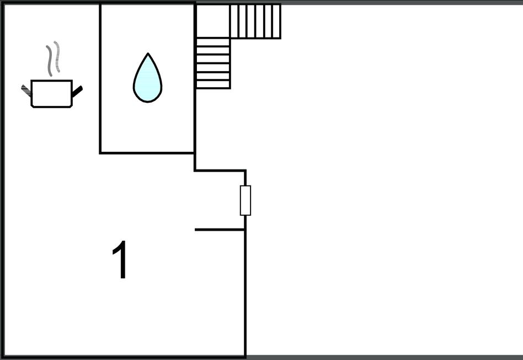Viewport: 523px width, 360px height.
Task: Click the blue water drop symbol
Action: pyautogui.click(x=147, y=78)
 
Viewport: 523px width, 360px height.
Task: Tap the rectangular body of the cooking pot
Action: pyautogui.click(x=52, y=94)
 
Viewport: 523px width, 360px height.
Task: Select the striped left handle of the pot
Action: pyautogui.click(x=26, y=90)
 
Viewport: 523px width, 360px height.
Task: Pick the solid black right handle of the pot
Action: pyautogui.click(x=77, y=92)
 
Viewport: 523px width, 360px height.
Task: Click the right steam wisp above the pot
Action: pyautogui.click(x=57, y=56)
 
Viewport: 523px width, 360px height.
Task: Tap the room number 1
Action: pyautogui.click(x=120, y=259)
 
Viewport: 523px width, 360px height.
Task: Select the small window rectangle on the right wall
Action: pyautogui.click(x=246, y=200)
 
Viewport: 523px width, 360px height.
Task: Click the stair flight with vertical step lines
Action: pyautogui.click(x=255, y=22)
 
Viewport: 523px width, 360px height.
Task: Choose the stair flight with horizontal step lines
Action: pyautogui.click(x=213, y=63)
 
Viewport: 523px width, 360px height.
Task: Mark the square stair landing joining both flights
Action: pyautogui.click(x=213, y=21)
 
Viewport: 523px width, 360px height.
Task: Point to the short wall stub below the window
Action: pyautogui.click(x=220, y=230)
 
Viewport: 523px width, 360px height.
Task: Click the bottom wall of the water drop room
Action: pyautogui.click(x=147, y=153)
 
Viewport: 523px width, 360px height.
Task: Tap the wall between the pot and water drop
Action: pyautogui.click(x=100, y=78)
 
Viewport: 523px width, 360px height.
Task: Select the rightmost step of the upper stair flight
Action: pyautogui.click(x=277, y=22)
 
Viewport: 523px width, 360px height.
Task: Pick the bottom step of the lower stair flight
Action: pyautogui.click(x=213, y=84)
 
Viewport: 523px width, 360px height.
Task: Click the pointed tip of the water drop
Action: pyautogui.click(x=147, y=53)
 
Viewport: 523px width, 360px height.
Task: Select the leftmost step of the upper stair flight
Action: pyautogui.click(x=234, y=22)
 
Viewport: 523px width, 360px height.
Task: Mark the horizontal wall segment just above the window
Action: pyautogui.click(x=220, y=171)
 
